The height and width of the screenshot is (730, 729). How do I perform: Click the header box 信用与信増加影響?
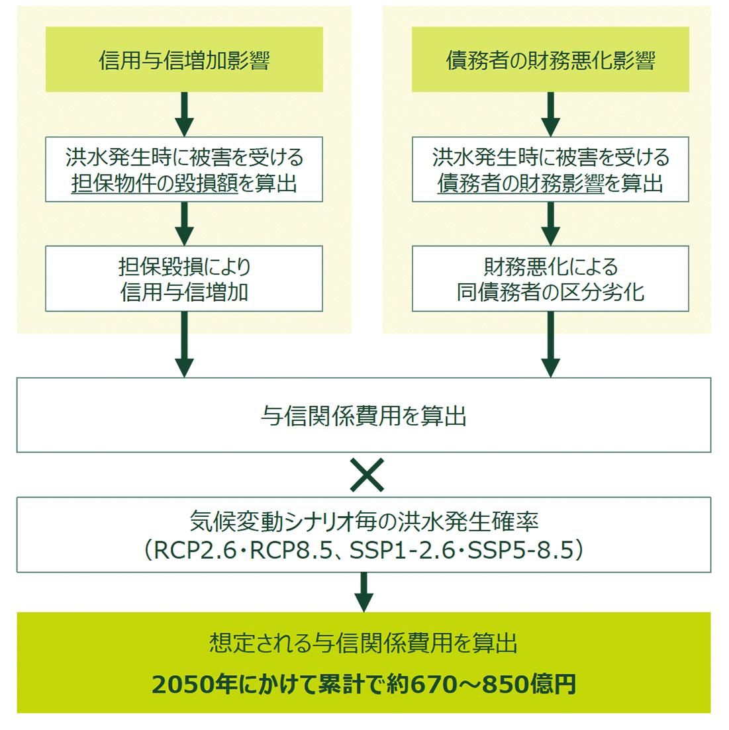click(x=184, y=60)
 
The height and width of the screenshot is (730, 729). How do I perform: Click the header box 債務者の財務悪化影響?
click(x=550, y=60)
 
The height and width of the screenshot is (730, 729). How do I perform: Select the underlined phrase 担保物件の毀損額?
click(x=154, y=183)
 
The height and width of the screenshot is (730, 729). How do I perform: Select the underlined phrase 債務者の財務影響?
click(x=520, y=183)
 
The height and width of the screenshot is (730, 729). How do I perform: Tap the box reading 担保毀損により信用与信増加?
click(x=184, y=279)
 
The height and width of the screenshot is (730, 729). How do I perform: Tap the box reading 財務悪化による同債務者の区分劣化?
click(x=550, y=279)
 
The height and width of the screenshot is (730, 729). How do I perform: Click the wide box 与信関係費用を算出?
click(x=364, y=416)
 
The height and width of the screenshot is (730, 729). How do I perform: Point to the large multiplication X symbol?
click(x=367, y=475)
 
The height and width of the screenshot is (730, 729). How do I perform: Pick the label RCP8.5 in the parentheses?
click(x=289, y=550)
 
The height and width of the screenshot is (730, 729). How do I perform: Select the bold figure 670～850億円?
click(x=493, y=684)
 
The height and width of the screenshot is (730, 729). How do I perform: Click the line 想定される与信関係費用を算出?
click(x=364, y=643)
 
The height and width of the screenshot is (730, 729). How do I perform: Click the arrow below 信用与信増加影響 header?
click(x=184, y=114)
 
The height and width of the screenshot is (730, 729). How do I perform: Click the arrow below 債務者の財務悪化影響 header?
click(x=550, y=114)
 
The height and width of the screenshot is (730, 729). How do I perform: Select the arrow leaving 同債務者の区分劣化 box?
click(x=550, y=345)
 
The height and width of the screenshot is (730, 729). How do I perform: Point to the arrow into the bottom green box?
click(x=364, y=592)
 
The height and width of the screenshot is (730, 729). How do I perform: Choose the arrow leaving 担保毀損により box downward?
click(x=184, y=345)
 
